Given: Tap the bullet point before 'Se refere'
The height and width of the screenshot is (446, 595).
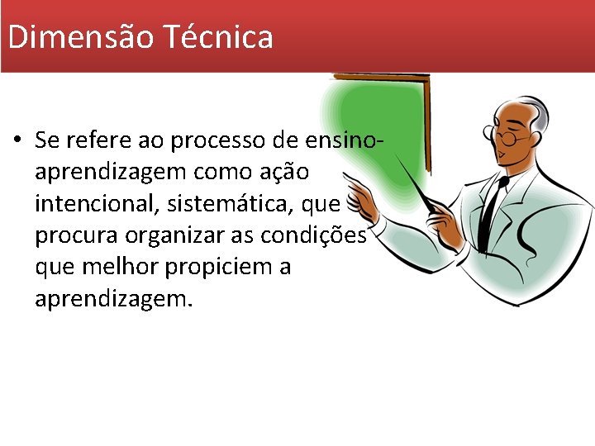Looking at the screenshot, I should click(x=17, y=141).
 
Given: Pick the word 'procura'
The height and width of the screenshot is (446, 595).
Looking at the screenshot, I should click(x=77, y=235).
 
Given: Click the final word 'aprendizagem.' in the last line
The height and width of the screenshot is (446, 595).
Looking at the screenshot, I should click(x=113, y=298).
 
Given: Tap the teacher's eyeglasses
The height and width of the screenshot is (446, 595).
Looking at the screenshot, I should click(x=506, y=137).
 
